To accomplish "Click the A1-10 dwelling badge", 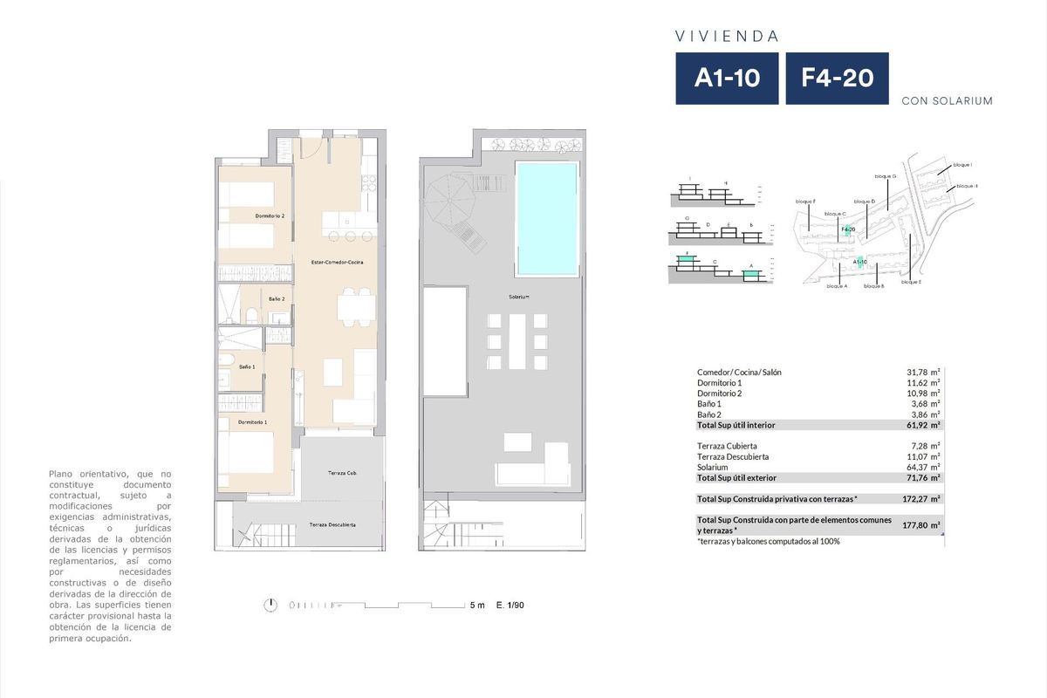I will (727, 79).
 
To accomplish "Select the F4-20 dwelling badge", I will (837, 79).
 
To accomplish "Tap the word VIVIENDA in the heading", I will (727, 37).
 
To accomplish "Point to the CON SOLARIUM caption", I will (947, 101).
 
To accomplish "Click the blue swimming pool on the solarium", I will (547, 217).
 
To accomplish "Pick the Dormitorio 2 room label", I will (270, 216).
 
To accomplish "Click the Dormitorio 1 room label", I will (253, 422).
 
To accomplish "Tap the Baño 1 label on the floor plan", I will (247, 367).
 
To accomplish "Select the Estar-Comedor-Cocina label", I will (338, 263).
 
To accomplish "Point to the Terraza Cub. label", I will (343, 473).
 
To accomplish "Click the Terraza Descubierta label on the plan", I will (332, 525).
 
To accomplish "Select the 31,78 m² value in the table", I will (923, 373).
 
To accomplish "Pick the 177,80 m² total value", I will (923, 526).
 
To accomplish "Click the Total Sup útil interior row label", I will (736, 425).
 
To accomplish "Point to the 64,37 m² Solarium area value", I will (923, 468).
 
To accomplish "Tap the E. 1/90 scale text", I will (510, 605).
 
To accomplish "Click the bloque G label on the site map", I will (885, 176).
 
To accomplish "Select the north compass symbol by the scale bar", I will (273, 604).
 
